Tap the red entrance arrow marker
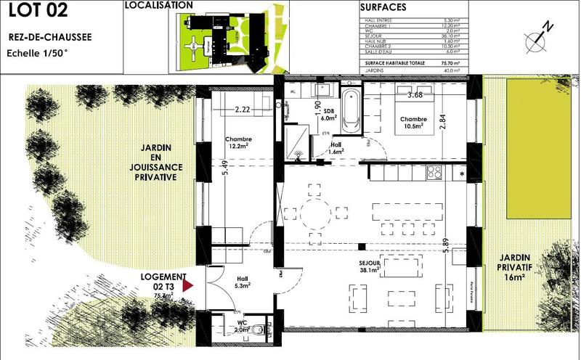point(188,287)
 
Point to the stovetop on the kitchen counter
point(435,172)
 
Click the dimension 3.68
point(415,95)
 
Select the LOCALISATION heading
point(159,5)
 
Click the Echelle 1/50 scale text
point(37,53)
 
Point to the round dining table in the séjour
point(314,213)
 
